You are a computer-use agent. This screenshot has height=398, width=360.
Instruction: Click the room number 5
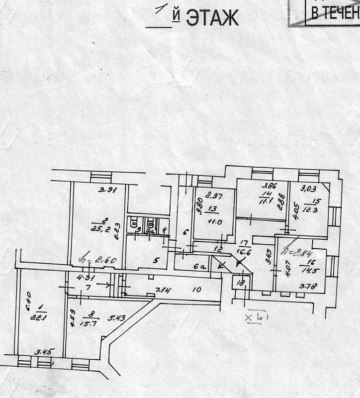coord(156,260)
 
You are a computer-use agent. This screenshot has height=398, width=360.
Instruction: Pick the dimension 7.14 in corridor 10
coord(164,290)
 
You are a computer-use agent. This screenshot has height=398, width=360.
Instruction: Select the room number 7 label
coord(88,288)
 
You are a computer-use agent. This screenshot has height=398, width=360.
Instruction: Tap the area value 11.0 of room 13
coord(214,223)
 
